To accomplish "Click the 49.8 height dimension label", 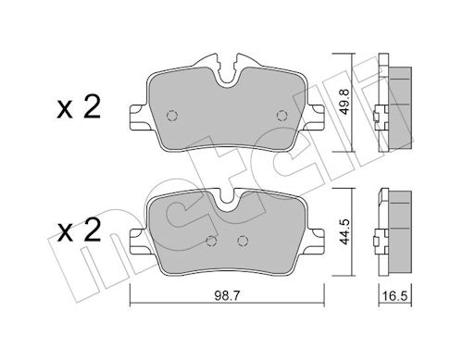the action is tap(345, 102).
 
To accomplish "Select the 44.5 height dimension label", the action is tap(344, 231).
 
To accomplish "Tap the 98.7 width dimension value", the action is tap(227, 296).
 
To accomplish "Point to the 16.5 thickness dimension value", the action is tap(395, 296).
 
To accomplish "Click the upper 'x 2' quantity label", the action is tap(79, 107).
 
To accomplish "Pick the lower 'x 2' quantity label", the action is tap(79, 230).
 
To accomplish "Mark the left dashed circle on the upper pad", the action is tap(172, 116).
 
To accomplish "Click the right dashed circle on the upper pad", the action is tap(282, 116).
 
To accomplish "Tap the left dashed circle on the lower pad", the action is tap(211, 241).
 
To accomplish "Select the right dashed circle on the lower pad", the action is tap(243, 241).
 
